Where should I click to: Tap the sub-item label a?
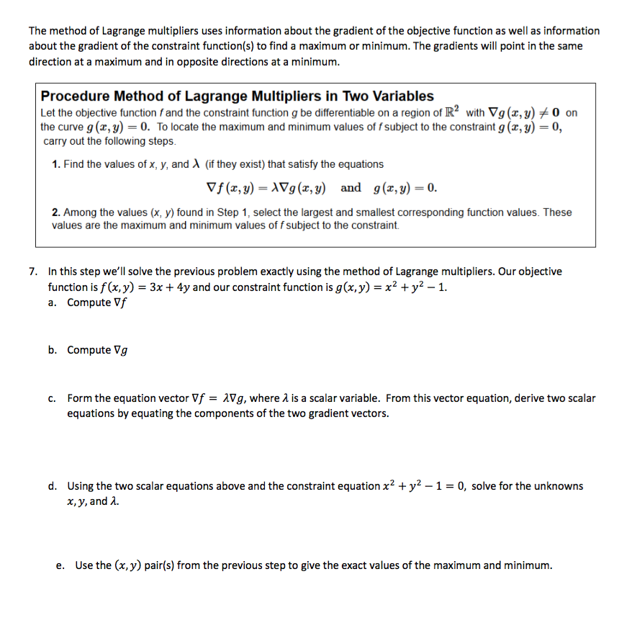(x=53, y=303)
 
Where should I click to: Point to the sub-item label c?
(x=53, y=398)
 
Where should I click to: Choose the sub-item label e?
(x=60, y=565)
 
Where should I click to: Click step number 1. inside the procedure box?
(x=56, y=164)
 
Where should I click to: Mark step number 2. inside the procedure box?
(x=56, y=212)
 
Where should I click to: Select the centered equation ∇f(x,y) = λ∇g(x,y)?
(x=266, y=189)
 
